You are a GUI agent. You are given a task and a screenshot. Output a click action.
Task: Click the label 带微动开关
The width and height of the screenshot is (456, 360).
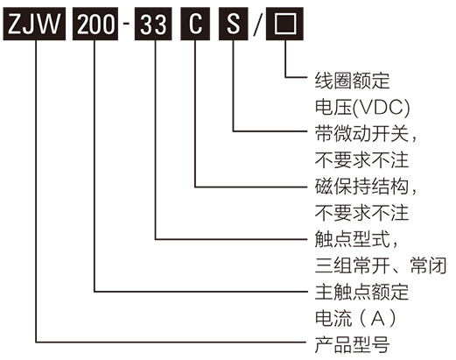[359, 133]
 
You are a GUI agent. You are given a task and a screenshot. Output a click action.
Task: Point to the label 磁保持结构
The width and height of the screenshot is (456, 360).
[359, 186]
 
